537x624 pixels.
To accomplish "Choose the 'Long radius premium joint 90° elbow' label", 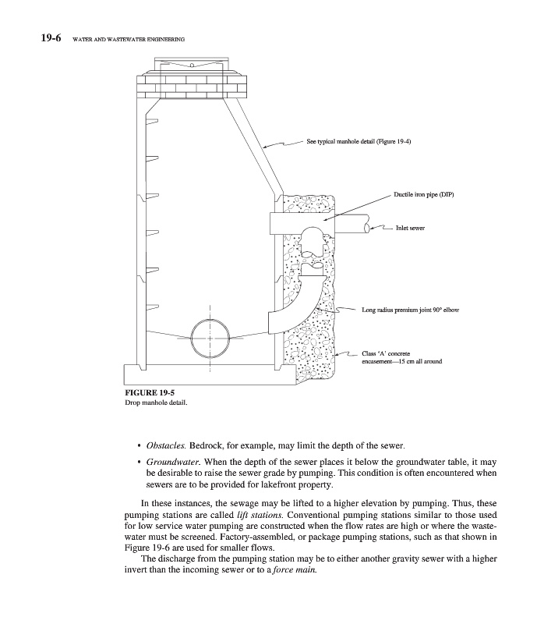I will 410,310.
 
